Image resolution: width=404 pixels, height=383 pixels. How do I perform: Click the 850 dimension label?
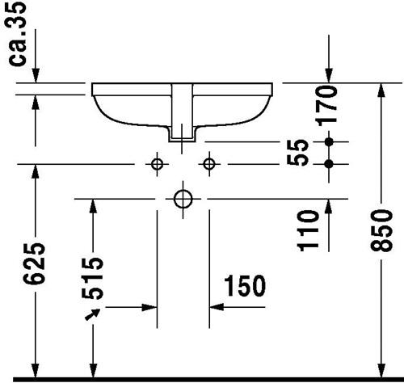pyautogui.click(x=381, y=231)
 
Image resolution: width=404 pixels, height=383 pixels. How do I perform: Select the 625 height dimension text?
pyautogui.click(x=34, y=263)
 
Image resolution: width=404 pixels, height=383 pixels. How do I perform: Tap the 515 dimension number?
pyautogui.click(x=92, y=278)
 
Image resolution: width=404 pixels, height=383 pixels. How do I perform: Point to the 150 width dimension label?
pyautogui.click(x=245, y=286)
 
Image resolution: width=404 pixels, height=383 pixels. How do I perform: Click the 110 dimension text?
pyautogui.click(x=308, y=231)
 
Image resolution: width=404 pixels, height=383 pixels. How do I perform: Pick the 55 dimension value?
pyautogui.click(x=297, y=153)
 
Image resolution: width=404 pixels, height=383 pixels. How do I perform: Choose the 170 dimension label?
pyautogui.click(x=327, y=106)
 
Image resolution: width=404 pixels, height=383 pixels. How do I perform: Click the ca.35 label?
pyautogui.click(x=17, y=34)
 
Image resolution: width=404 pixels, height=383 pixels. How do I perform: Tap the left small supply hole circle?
pyautogui.click(x=157, y=164)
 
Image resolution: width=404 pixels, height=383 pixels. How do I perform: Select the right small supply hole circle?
pyautogui.click(x=209, y=164)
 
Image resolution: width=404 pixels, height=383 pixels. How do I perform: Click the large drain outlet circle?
pyautogui.click(x=183, y=200)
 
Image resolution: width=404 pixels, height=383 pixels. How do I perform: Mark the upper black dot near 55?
pyautogui.click(x=329, y=141)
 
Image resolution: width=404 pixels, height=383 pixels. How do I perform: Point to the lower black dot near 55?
pyautogui.click(x=329, y=164)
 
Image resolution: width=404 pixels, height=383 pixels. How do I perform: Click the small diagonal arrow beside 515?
pyautogui.click(x=92, y=314)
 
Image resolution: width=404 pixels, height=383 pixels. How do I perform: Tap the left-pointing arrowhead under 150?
pyautogui.click(x=217, y=307)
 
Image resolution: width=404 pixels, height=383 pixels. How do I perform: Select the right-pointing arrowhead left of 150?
pyautogui.click(x=149, y=307)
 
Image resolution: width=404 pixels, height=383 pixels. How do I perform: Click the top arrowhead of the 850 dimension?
pyautogui.click(x=381, y=90)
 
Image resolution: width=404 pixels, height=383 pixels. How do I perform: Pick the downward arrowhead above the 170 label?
pyautogui.click(x=329, y=75)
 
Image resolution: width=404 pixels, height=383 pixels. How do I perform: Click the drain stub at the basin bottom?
pyautogui.click(x=183, y=134)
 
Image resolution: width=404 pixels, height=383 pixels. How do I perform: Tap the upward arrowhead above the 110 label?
pyautogui.click(x=329, y=207)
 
